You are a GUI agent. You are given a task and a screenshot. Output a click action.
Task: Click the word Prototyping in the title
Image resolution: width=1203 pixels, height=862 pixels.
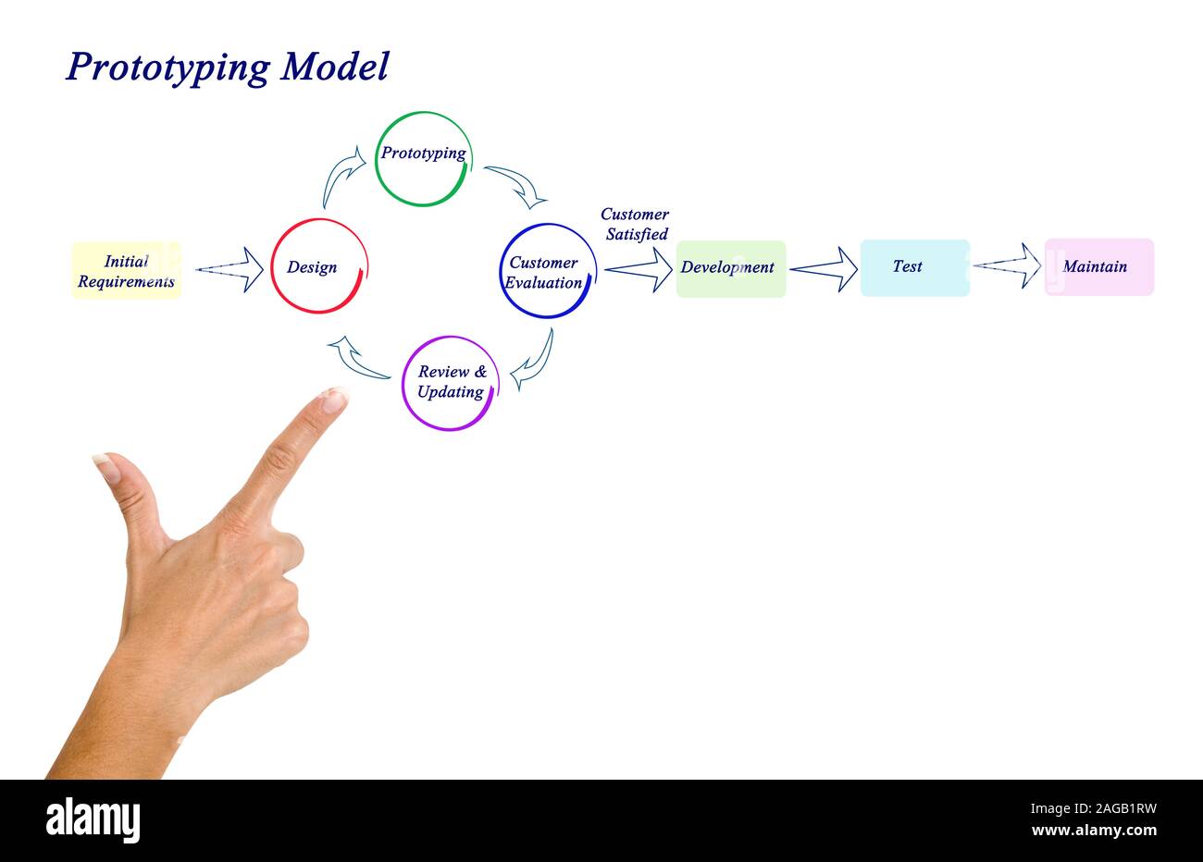click(168, 68)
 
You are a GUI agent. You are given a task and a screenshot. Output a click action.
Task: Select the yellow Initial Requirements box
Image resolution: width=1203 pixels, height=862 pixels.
click(126, 270)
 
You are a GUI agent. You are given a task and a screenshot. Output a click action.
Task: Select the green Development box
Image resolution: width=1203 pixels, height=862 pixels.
click(731, 269)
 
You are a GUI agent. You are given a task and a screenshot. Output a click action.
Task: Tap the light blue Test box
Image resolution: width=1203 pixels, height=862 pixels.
click(915, 268)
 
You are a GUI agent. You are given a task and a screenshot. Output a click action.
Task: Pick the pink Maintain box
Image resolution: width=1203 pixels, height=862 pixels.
click(1099, 266)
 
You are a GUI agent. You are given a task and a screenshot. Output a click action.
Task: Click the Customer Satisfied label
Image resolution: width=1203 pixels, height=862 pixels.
click(636, 224)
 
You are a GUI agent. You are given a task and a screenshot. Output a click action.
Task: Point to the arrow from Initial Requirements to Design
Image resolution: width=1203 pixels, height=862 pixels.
click(229, 269)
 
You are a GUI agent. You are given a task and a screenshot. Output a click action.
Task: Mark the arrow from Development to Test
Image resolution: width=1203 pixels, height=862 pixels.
click(824, 269)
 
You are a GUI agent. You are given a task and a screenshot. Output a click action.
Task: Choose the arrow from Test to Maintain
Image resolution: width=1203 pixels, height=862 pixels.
click(1008, 265)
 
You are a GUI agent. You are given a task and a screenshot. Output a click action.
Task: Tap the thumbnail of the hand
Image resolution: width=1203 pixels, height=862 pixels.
click(107, 466)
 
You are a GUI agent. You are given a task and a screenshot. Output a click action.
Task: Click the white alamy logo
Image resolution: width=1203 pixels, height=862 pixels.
click(93, 820)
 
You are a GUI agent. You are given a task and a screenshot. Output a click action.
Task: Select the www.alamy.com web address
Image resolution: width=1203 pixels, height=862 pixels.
click(1094, 831)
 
